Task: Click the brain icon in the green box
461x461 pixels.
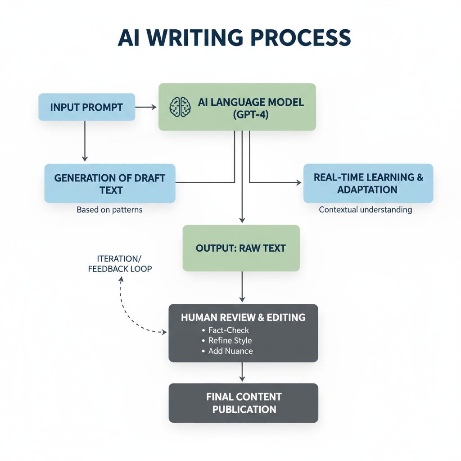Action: click(x=180, y=107)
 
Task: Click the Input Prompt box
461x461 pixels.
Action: click(x=86, y=107)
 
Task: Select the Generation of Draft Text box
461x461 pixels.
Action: click(x=110, y=183)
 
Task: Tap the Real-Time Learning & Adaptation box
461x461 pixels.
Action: click(x=368, y=183)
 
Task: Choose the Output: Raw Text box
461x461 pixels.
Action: click(x=241, y=248)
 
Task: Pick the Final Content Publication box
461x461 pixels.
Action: click(x=243, y=403)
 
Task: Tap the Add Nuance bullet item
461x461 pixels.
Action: click(x=230, y=351)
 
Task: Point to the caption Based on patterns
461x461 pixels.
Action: click(x=109, y=210)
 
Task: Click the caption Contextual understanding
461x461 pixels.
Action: click(x=365, y=210)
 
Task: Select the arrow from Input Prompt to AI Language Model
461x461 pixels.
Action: click(x=146, y=107)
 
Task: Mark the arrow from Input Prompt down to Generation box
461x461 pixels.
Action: click(x=85, y=142)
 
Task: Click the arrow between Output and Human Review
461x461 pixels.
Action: click(x=242, y=287)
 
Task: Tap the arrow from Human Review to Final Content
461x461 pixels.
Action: click(x=242, y=372)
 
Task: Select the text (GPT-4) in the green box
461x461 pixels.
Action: click(x=251, y=114)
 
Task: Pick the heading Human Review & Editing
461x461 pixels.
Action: click(x=243, y=317)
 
